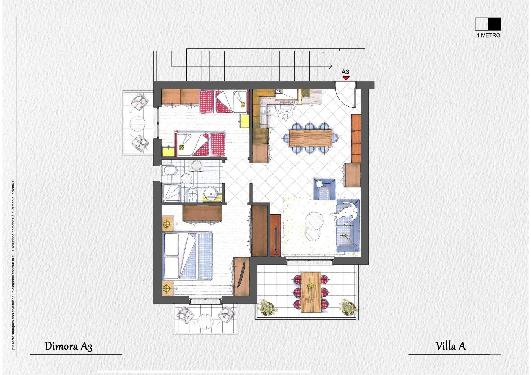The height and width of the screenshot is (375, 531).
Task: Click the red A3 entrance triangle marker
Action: point(346,78)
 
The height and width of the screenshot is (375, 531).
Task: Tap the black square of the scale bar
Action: point(494,24)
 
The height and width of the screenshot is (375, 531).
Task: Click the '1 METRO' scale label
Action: point(488,35)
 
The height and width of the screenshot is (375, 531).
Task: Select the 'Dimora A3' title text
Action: point(68,346)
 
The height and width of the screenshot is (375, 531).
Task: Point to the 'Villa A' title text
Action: point(451,346)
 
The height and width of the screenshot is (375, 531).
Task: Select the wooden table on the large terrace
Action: point(311,292)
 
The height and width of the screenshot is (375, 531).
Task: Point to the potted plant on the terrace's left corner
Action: point(266,307)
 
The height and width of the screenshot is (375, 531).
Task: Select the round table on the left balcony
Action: point(137,123)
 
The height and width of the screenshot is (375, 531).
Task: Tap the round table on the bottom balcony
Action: point(205,321)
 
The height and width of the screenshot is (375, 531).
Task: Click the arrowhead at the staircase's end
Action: point(330,66)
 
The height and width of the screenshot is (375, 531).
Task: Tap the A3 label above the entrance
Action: point(345,72)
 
